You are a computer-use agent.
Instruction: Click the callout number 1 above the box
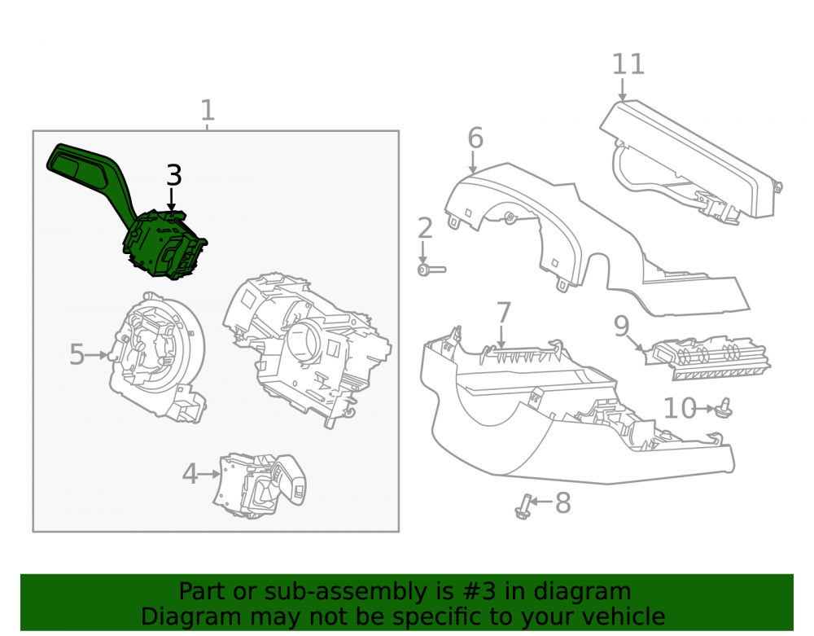point(208,111)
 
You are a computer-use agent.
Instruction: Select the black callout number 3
point(174,175)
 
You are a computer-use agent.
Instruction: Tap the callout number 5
point(77,354)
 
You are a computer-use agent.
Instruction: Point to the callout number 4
point(190,474)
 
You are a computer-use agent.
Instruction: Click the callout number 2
point(425,229)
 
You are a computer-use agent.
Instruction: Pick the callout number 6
point(475,138)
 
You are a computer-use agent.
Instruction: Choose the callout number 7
point(504,313)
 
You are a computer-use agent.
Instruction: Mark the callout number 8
point(563,502)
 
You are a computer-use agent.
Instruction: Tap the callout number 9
point(621,326)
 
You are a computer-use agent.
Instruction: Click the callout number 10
point(680,408)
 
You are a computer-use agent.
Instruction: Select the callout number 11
point(628,64)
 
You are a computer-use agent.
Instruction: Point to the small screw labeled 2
point(431,270)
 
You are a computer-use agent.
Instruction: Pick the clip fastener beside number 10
point(724,409)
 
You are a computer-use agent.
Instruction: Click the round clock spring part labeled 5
point(157,356)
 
